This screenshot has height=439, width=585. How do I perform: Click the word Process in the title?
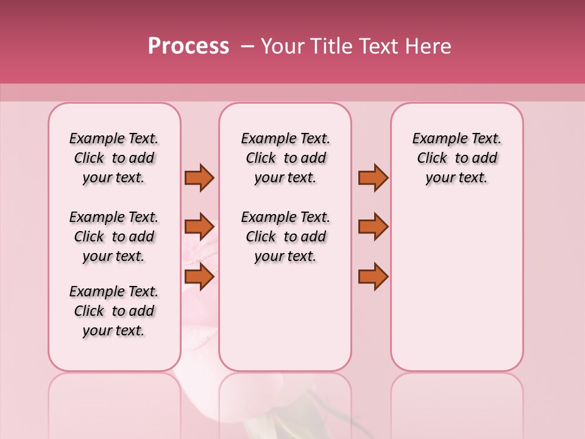click(x=188, y=46)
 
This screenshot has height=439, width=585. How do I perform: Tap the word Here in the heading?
click(x=428, y=46)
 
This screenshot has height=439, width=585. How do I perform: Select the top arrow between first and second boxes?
click(x=199, y=177)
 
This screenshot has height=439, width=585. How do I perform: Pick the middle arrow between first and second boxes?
click(x=199, y=227)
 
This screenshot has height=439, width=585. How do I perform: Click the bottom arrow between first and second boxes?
click(x=199, y=276)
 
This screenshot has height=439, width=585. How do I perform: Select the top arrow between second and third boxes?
click(x=373, y=177)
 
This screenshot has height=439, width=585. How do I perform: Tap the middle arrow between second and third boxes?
click(x=373, y=227)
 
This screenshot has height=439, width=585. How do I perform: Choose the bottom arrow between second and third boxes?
click(x=373, y=276)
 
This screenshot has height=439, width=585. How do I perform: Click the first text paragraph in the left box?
click(x=114, y=158)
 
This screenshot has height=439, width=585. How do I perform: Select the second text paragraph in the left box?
click(x=114, y=237)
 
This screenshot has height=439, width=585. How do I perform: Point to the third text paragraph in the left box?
click(x=114, y=311)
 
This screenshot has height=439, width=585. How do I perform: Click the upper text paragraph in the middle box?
click(x=285, y=158)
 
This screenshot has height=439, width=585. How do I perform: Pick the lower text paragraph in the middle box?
click(x=285, y=237)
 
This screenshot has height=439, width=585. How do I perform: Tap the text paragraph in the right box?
click(x=457, y=158)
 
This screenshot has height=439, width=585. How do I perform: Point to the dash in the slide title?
click(x=247, y=46)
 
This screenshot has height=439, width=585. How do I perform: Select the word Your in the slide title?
click(x=281, y=46)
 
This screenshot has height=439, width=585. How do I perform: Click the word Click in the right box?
click(x=432, y=159)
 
